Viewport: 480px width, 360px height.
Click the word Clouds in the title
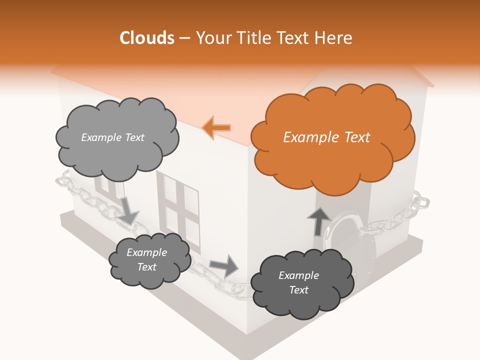[147, 38]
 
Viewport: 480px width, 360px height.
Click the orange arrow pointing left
[216, 127]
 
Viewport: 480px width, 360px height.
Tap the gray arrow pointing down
[128, 210]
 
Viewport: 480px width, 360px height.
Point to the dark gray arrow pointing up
[318, 221]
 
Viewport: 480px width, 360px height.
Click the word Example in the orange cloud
[308, 137]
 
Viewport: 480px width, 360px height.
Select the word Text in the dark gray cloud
[299, 290]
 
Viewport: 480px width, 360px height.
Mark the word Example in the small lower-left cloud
[147, 252]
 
